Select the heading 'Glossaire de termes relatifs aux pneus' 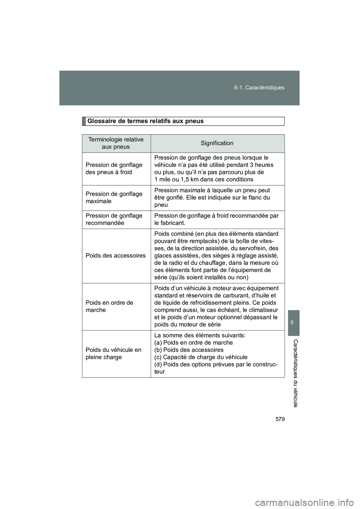pos(145,121)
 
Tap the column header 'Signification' pos(217,143)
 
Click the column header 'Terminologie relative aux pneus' pos(116,143)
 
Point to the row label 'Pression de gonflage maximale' pos(114,198)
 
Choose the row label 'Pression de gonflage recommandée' pos(114,219)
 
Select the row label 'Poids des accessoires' pos(115,256)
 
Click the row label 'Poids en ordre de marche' pos(109,306)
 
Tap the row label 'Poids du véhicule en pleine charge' pos(113,353)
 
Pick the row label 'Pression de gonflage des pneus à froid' pos(114,169)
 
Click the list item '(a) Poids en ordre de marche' pos(193,343)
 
